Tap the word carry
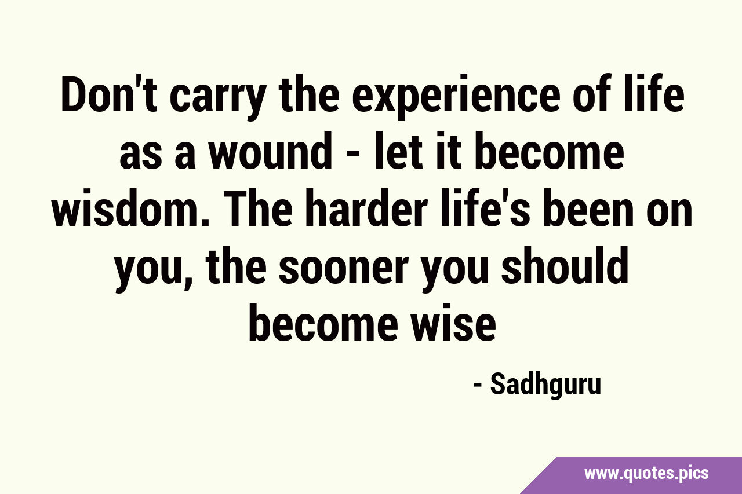coord(219,98)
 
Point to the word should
coord(565,265)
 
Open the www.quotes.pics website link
coord(646,474)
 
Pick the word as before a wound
coord(140,156)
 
